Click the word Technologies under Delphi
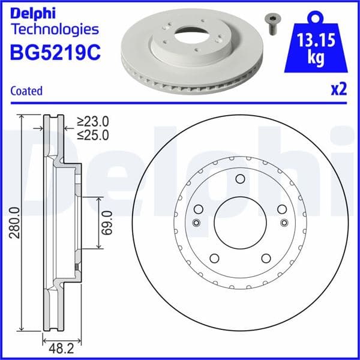point(55,28)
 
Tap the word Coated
point(26,91)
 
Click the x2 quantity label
point(339,90)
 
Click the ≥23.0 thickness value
point(93,122)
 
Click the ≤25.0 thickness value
point(93,135)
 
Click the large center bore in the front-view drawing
point(239,223)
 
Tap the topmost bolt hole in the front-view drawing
point(239,179)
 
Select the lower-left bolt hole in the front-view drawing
point(214,259)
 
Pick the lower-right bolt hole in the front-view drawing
point(265,259)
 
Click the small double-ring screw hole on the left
point(196,223)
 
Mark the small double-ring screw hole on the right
point(283,223)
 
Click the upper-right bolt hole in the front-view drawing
point(281,209)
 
